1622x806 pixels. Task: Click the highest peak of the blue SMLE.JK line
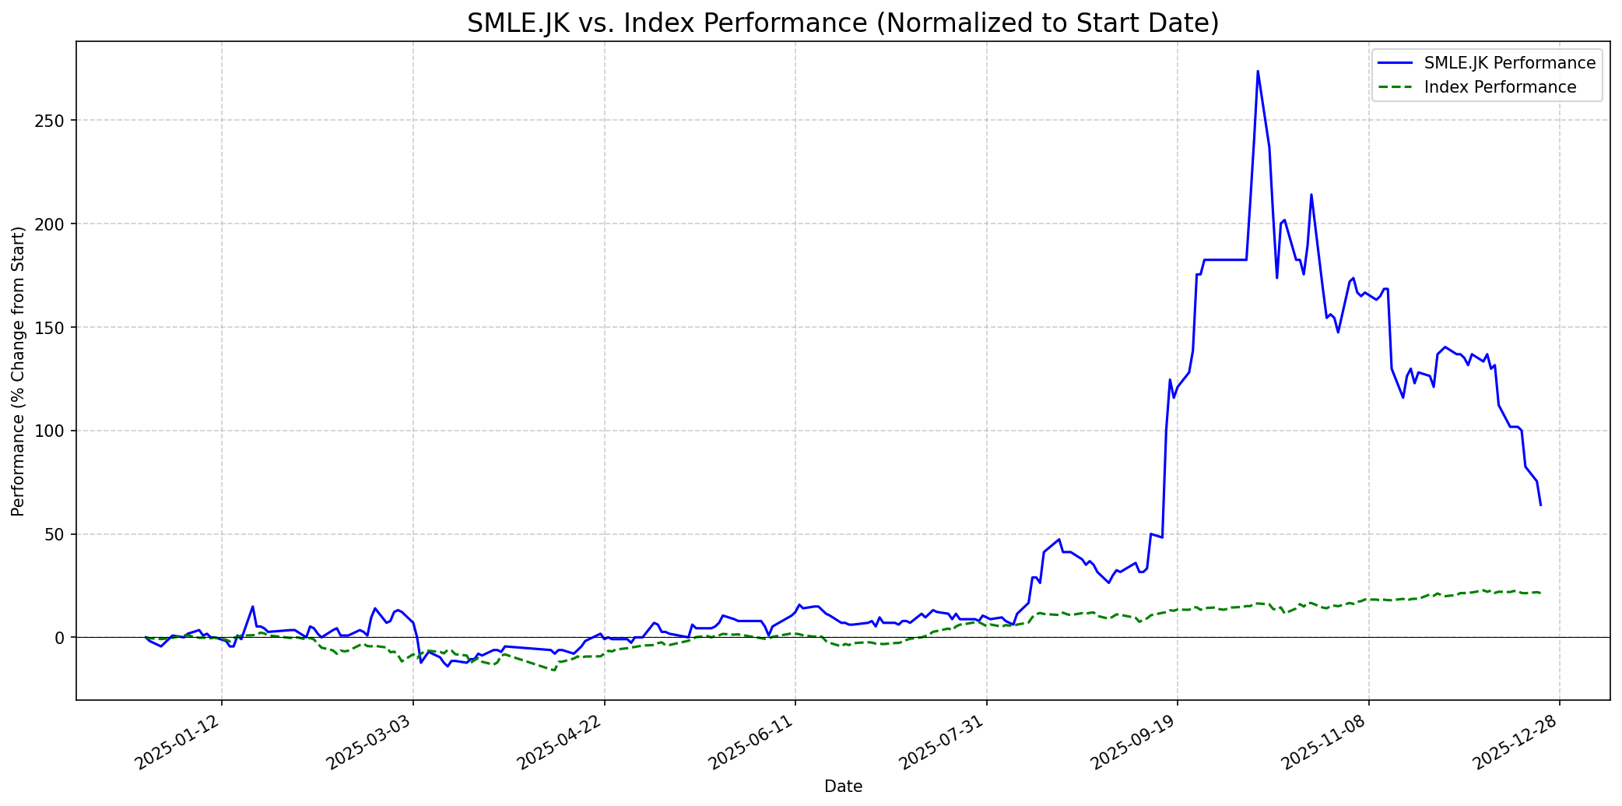(1258, 72)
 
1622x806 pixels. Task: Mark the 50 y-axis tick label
(58, 535)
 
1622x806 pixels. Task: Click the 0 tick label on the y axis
(61, 638)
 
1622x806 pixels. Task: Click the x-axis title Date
(843, 787)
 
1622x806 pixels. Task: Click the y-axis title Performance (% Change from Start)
(19, 371)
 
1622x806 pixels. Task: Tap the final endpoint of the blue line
(1540, 505)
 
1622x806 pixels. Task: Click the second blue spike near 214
(1311, 195)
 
